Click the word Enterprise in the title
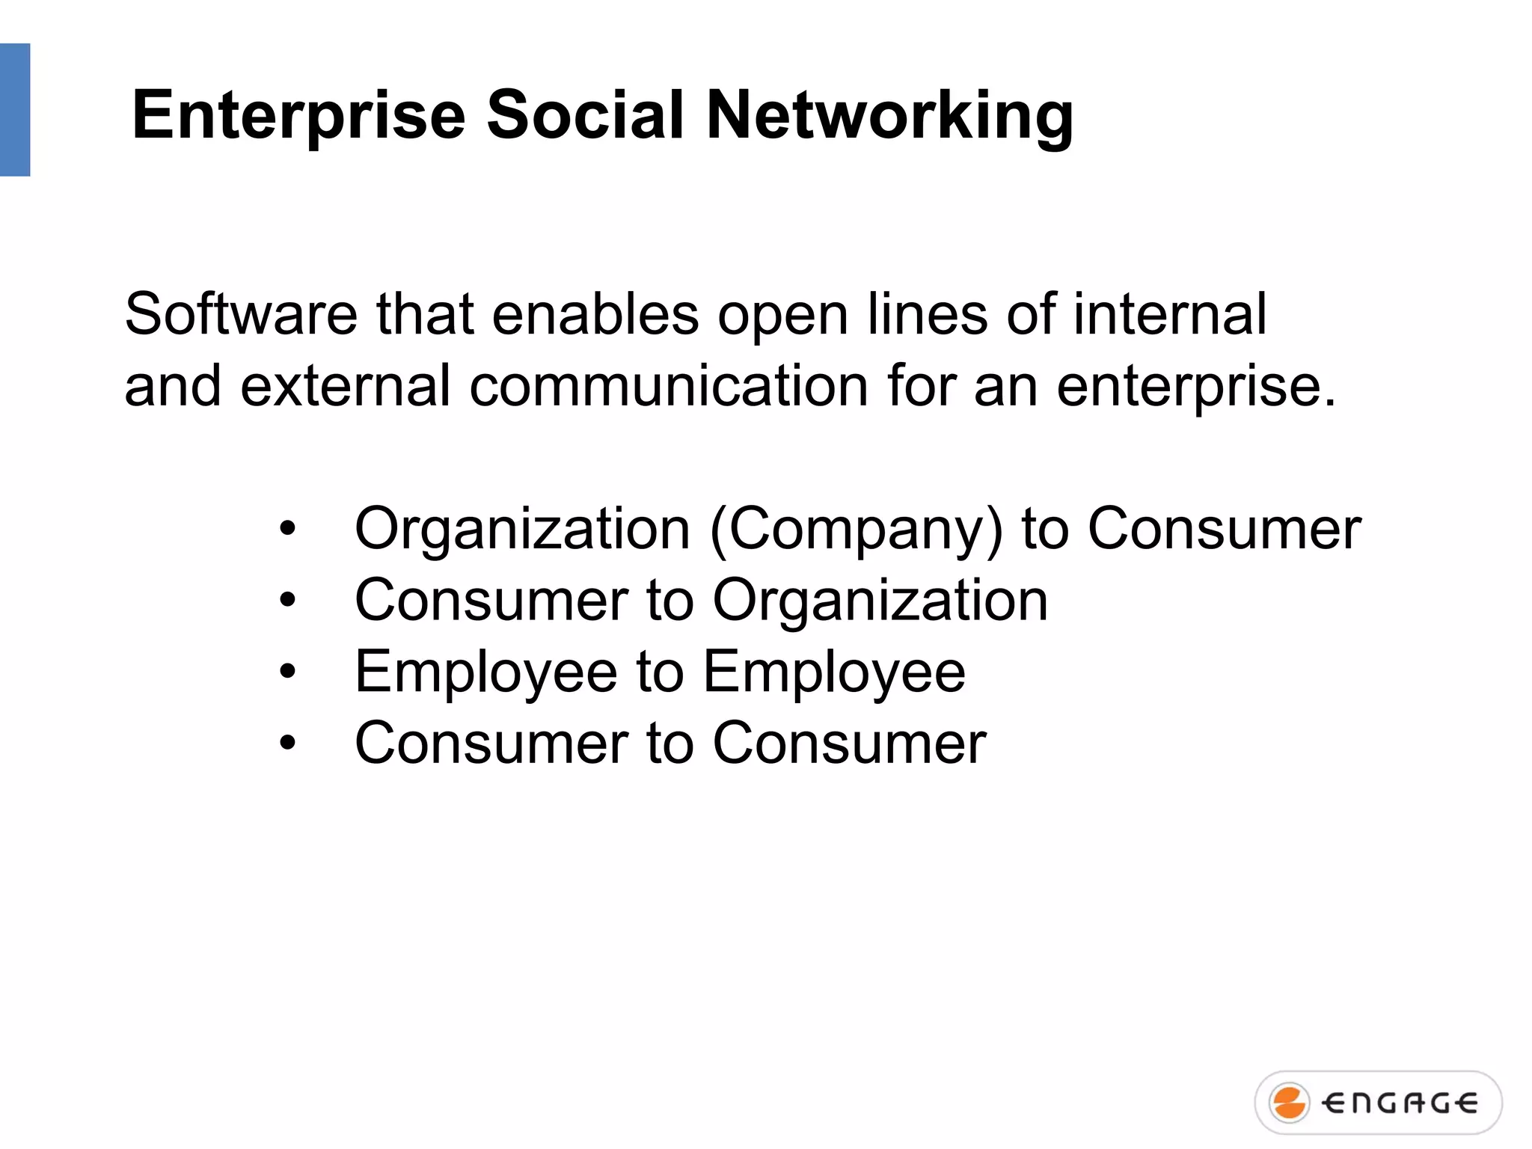coord(298,116)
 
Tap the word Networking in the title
coord(889,116)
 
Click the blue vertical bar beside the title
coord(14,110)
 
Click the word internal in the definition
coord(1170,314)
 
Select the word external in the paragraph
coord(345,386)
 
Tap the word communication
coord(669,386)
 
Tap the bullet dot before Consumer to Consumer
coord(288,744)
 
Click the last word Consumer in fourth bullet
coord(849,744)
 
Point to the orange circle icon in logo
coord(1290,1103)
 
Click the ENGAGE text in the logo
coord(1399,1103)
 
